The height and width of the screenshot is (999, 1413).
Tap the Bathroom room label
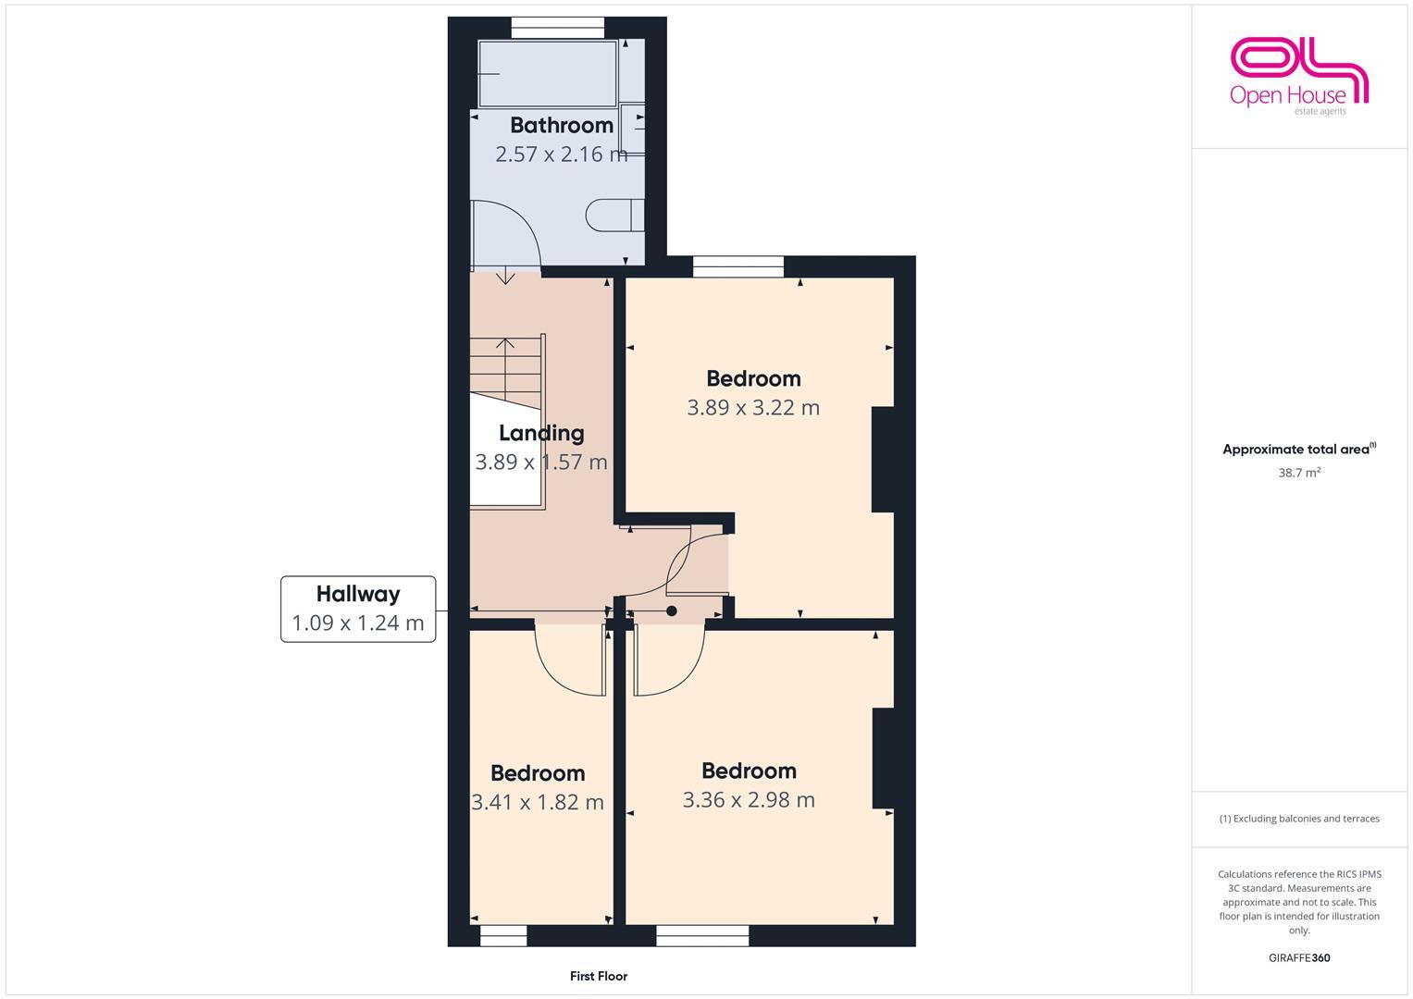click(561, 125)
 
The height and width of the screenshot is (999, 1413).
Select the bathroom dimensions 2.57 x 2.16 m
click(561, 154)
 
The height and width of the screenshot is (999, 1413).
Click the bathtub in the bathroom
click(547, 74)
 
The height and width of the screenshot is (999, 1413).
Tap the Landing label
click(541, 433)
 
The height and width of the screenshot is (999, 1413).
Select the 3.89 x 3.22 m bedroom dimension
click(752, 408)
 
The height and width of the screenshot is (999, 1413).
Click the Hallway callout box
click(358, 609)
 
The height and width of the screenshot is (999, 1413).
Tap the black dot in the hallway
click(672, 610)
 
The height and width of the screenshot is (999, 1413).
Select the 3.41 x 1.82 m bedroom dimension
click(538, 802)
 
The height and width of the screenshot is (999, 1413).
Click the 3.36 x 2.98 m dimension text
click(749, 800)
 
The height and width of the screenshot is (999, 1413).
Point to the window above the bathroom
click(558, 29)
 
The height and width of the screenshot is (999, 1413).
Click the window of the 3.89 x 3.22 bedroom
click(737, 267)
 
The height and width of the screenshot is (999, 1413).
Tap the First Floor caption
click(599, 976)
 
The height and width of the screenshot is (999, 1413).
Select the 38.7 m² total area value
click(1299, 473)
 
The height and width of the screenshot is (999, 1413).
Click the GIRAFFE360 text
click(1299, 958)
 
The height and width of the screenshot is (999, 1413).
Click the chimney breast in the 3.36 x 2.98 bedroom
click(883, 758)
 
